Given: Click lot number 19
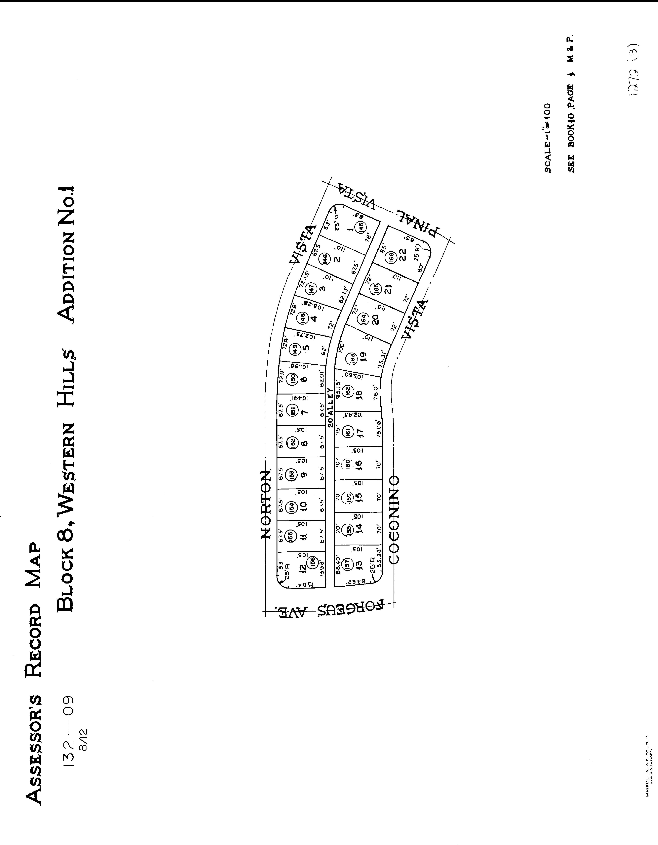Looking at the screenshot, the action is (x=363, y=359).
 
